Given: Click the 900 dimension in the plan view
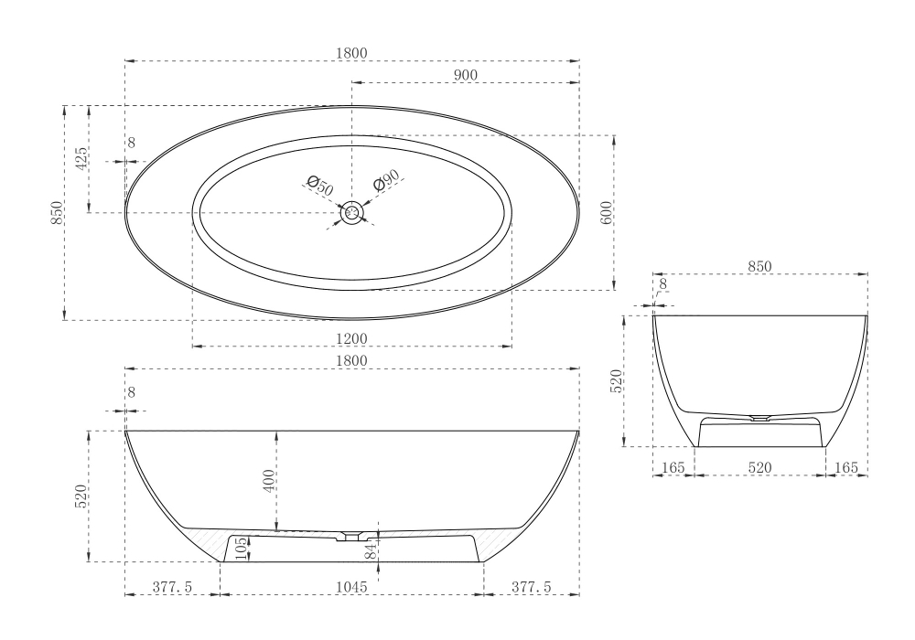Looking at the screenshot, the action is click(x=465, y=75).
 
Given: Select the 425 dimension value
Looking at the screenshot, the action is click(x=81, y=158).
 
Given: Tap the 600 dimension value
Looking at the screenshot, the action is click(x=607, y=213).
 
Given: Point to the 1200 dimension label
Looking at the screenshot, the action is click(x=352, y=338).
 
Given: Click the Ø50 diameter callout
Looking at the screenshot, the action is click(x=320, y=186).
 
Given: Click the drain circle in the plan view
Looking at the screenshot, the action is click(x=352, y=213).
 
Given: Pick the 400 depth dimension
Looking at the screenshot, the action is click(x=269, y=481).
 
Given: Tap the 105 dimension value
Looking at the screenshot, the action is click(x=242, y=549).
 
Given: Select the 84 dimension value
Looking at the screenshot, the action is click(x=371, y=550).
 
